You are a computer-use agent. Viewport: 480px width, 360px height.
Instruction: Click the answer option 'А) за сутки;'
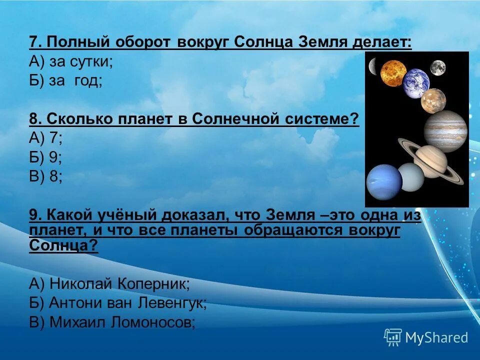pos(71,62)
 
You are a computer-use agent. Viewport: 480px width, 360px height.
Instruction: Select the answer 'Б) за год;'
pos(66,81)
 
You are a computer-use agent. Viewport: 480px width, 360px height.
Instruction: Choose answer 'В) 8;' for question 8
pos(45,176)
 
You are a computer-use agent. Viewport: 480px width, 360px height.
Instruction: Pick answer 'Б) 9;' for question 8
pos(45,157)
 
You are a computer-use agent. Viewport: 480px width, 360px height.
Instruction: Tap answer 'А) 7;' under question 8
pos(45,138)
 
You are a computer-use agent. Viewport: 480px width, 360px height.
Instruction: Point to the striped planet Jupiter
pos(445,131)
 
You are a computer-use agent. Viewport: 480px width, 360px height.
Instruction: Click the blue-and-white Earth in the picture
pos(416,83)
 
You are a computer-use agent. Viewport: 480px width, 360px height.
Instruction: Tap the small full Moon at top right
pos(438,67)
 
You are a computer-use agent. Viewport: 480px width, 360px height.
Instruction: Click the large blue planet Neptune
pos(384,182)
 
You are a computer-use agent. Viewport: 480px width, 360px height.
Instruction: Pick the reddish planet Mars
pos(433,100)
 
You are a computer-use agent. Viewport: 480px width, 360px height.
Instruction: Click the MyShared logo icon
pos(393,337)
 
